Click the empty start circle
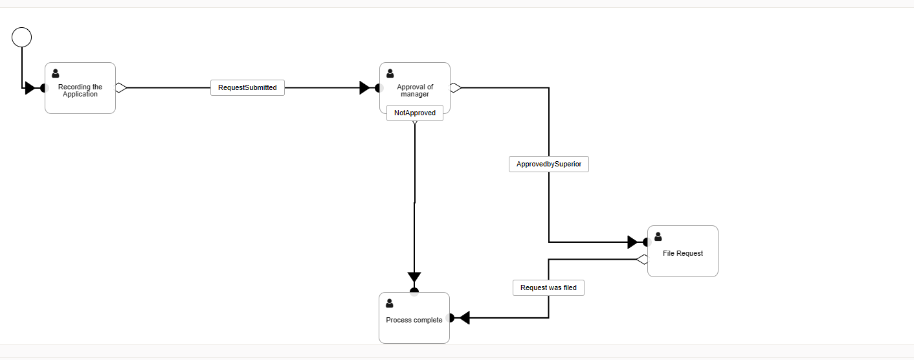(x=21, y=38)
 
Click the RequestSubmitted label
(x=247, y=87)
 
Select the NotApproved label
(x=414, y=113)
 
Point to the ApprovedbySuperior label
(x=548, y=164)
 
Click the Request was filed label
(x=548, y=287)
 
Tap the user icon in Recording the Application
(x=55, y=74)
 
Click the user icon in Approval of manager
(x=390, y=74)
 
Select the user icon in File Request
(x=658, y=237)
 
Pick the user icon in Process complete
(x=389, y=304)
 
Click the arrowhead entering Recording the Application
(x=30, y=88)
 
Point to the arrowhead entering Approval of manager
(x=365, y=88)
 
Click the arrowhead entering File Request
(x=633, y=242)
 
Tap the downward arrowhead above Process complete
(x=414, y=278)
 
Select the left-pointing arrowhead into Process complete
(x=463, y=318)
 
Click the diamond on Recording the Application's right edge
(x=120, y=88)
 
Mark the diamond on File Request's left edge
(x=642, y=260)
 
